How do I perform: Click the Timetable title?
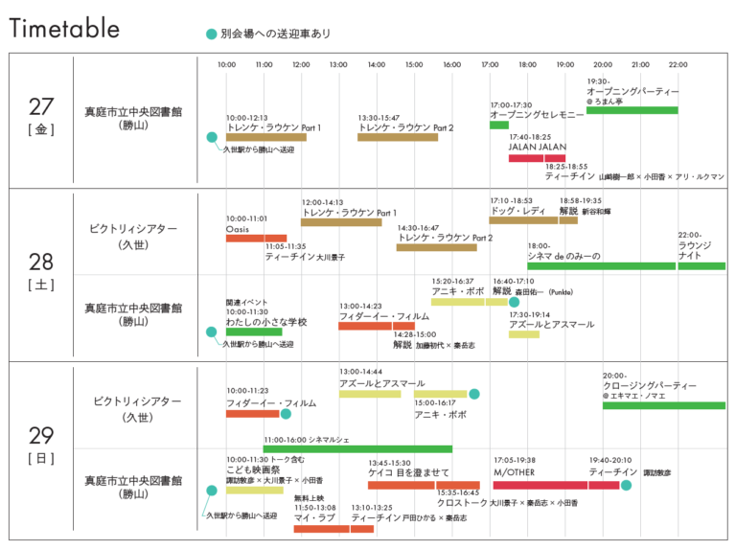[x=64, y=29]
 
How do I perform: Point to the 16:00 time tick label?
[x=451, y=65]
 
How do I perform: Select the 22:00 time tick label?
[x=678, y=65]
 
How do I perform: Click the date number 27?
[x=41, y=107]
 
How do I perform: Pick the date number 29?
[x=41, y=437]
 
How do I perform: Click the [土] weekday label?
[x=41, y=285]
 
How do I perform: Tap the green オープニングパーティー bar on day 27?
[x=632, y=110]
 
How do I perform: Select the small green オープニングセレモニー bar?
[x=498, y=125]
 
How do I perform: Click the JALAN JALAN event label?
[x=538, y=147]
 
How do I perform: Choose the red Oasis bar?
[x=256, y=238]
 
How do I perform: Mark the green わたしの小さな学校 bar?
[x=254, y=332]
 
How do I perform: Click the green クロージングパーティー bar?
[x=663, y=405]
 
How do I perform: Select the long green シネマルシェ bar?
[x=357, y=448]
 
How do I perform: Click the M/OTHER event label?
[x=514, y=472]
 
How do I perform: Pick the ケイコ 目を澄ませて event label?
[x=408, y=472]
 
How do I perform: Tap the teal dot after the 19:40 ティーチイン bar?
[x=626, y=486]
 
